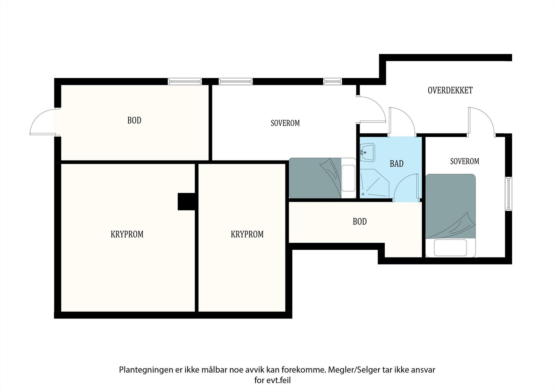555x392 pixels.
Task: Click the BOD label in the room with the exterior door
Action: pyautogui.click(x=134, y=120)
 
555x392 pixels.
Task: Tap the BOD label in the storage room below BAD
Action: pyautogui.click(x=360, y=221)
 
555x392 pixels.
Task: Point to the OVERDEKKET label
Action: pyautogui.click(x=450, y=90)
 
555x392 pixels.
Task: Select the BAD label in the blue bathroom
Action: pyautogui.click(x=397, y=164)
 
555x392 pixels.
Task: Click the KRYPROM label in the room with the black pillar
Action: pyautogui.click(x=127, y=234)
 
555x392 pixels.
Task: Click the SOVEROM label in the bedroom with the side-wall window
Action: pyautogui.click(x=464, y=162)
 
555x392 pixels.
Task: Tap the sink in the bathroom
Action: pyautogui.click(x=367, y=153)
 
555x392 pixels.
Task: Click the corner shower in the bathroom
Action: pyautogui.click(x=374, y=183)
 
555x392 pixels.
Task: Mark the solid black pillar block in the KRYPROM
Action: pyautogui.click(x=186, y=202)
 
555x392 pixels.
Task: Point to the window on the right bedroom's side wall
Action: pyautogui.click(x=508, y=194)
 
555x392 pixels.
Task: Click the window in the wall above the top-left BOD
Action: pyautogui.click(x=185, y=81)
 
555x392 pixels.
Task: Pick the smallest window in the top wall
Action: pyautogui.click(x=333, y=81)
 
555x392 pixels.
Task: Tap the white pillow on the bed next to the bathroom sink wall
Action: pyautogui.click(x=348, y=178)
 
